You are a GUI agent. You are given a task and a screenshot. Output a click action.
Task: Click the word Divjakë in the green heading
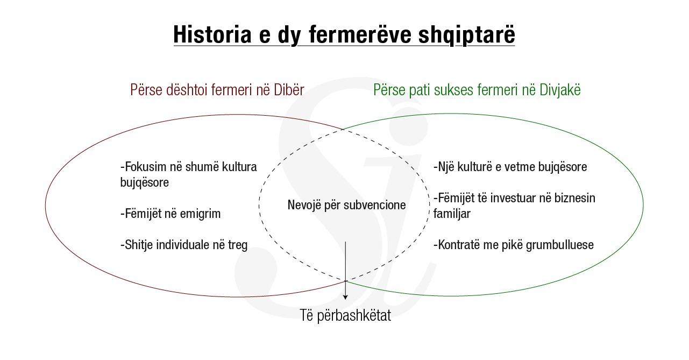tap(560, 90)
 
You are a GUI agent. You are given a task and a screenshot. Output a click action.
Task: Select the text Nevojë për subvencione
tap(347, 205)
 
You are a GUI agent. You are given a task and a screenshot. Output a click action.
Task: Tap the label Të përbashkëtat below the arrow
tap(345, 315)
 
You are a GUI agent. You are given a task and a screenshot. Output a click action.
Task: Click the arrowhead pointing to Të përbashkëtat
tap(345, 297)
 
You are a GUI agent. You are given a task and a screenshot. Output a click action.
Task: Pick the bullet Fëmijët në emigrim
tap(171, 214)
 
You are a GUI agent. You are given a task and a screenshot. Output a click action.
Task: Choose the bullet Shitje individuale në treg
tap(184, 245)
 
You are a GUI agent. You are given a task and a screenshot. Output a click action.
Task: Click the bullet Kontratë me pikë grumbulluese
tap(513, 245)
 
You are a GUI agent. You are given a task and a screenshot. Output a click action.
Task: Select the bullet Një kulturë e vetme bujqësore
tap(510, 167)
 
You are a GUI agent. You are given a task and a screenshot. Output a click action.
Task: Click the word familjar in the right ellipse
tap(452, 214)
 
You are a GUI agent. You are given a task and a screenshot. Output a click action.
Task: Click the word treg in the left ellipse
tap(238, 245)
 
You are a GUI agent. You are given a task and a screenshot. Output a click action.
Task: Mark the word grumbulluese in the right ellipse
tap(560, 245)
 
